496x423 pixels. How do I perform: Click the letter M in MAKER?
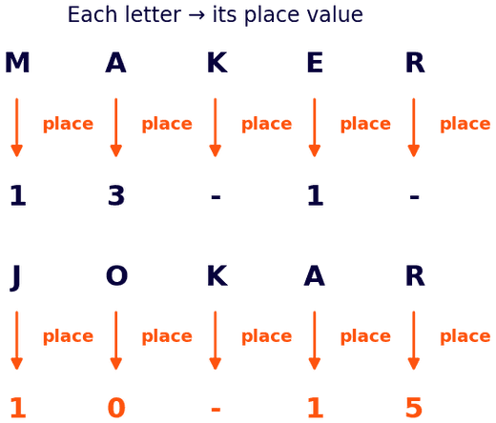[x=17, y=63]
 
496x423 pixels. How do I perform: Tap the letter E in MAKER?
[x=315, y=63]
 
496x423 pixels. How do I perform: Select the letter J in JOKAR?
[x=15, y=277]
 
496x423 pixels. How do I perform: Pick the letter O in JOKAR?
[x=116, y=275]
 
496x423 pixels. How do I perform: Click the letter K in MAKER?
[x=217, y=63]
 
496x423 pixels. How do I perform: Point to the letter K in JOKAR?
[x=217, y=275]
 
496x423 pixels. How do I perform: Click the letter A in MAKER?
[x=115, y=63]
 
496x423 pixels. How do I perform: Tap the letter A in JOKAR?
[x=314, y=275]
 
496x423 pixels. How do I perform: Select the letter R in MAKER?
[x=415, y=63]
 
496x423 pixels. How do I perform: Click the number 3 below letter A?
[x=116, y=195]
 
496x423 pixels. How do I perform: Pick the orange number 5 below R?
[x=414, y=408]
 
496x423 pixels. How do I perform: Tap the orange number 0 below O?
[x=116, y=408]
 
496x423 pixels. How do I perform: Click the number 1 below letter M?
[x=18, y=195]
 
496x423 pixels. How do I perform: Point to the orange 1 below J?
[x=18, y=408]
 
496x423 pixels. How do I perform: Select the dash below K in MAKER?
[x=216, y=197]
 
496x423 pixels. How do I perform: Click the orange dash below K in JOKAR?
[x=216, y=410]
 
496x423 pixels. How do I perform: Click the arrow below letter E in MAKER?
[x=315, y=128]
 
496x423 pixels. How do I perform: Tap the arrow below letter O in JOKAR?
[x=116, y=340]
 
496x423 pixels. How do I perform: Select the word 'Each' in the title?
[x=93, y=14]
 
